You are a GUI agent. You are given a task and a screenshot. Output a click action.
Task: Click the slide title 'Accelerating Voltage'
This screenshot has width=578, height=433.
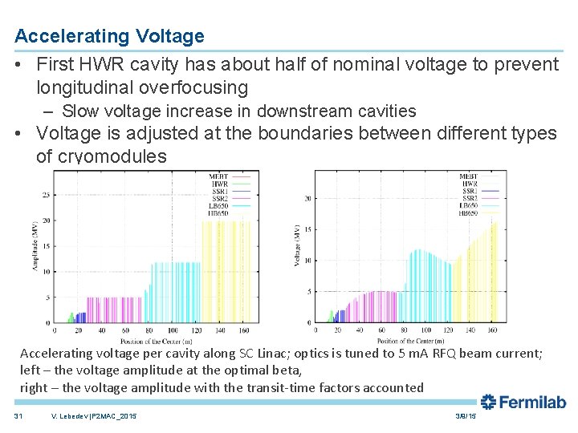[x=109, y=36]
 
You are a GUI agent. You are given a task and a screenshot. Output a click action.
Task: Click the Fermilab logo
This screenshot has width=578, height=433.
[x=523, y=402]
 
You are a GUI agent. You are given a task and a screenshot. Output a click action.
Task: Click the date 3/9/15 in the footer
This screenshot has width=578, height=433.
[x=466, y=416]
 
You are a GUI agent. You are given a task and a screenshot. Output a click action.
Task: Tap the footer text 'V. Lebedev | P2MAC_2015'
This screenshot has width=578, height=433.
[x=93, y=416]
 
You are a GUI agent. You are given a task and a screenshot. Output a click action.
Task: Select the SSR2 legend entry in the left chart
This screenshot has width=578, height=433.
[x=218, y=197]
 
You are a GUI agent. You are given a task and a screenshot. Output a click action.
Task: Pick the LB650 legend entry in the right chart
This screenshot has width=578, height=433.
[x=468, y=205]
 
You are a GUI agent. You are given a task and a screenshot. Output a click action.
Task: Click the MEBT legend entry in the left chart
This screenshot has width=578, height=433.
[x=218, y=176]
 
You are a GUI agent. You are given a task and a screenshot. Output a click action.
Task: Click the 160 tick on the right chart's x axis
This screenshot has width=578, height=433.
[x=492, y=330]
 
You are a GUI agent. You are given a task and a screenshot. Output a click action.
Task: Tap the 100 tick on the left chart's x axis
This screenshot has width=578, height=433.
[x=173, y=330]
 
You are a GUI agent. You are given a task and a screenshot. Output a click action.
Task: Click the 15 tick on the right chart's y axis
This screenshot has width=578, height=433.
[x=306, y=229]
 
